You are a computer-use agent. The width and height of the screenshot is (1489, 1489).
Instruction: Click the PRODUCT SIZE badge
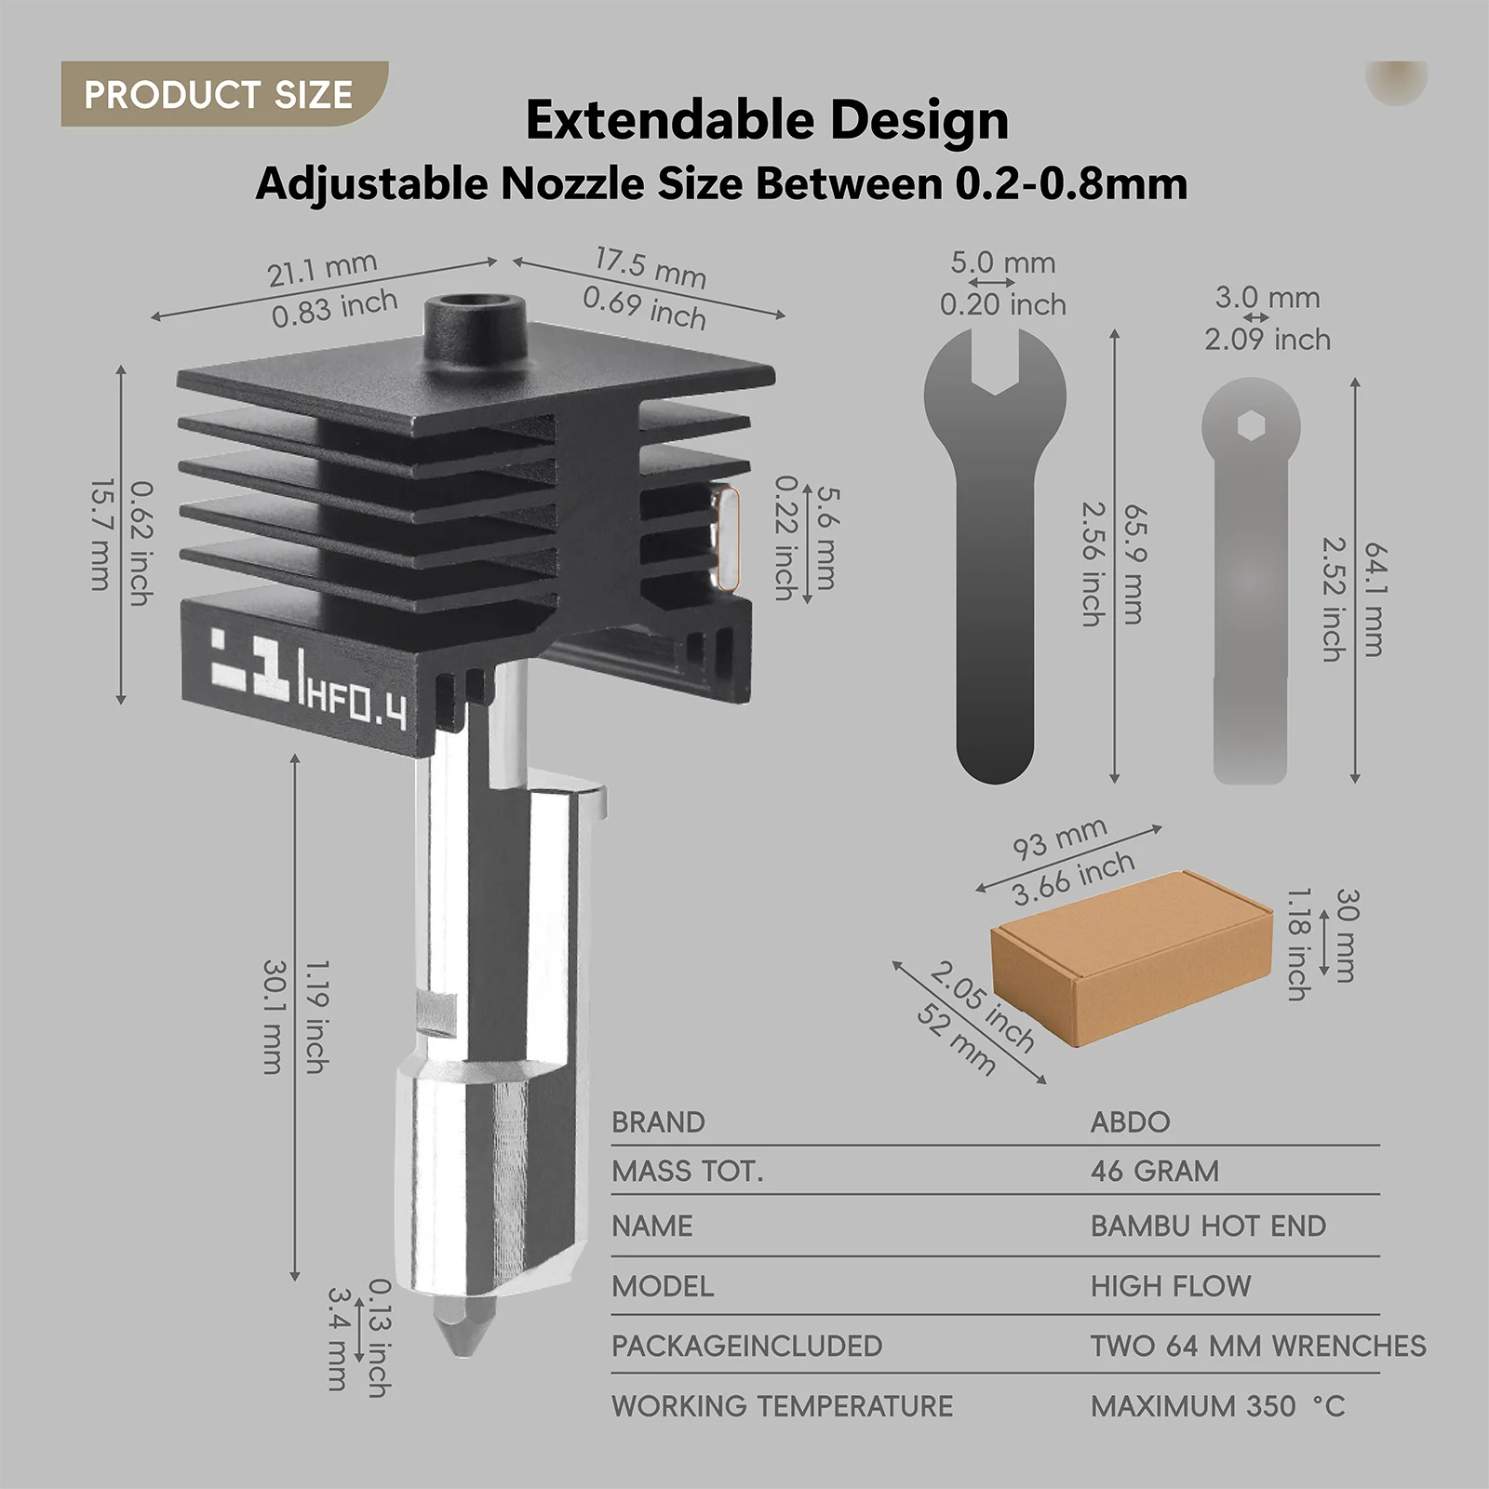coord(223,94)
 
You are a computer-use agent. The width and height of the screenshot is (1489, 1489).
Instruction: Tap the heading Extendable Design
coord(767,120)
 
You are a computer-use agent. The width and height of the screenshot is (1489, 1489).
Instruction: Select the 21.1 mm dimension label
coord(322,269)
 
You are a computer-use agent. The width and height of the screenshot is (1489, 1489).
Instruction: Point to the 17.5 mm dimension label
coord(651,267)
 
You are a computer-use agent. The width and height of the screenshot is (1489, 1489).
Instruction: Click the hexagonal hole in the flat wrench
coord(1250,426)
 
